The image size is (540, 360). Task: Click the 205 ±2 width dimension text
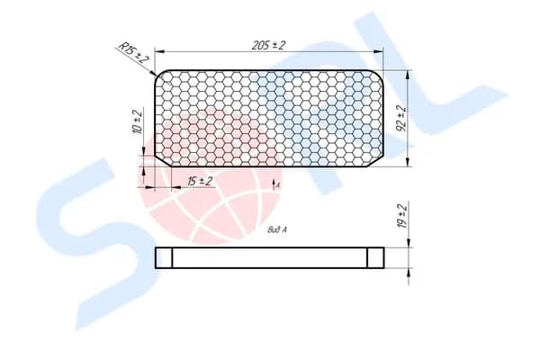[268, 45]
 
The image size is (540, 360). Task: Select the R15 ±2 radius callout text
[133, 52]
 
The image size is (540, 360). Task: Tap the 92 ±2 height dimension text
[402, 118]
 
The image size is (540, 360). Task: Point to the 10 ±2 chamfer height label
[138, 122]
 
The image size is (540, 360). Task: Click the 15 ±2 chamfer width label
[200, 181]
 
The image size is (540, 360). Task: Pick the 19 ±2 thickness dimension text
[402, 216]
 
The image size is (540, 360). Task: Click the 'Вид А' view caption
[277, 229]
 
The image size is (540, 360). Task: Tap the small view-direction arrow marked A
[274, 184]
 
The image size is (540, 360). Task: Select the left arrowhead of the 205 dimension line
[159, 51]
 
